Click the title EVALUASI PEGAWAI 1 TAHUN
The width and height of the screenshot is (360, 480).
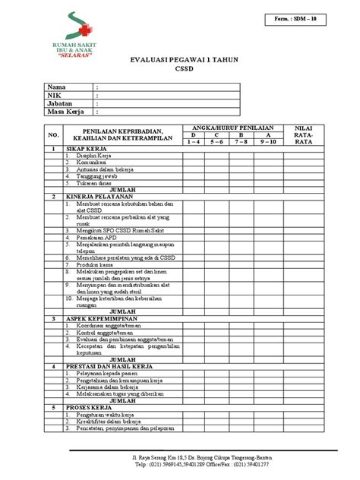click(x=180, y=67)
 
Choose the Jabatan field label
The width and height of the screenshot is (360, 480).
click(x=62, y=105)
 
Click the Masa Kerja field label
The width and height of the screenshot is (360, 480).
click(x=66, y=113)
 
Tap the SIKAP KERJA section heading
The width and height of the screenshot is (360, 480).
click(x=85, y=150)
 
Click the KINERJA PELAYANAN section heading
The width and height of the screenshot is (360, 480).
click(x=99, y=196)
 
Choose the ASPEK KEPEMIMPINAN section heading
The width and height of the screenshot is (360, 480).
click(x=103, y=319)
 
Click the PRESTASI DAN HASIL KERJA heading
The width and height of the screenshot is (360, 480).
click(x=112, y=366)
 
